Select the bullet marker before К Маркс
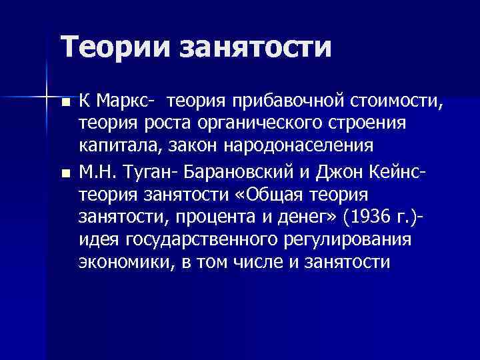tap(65, 103)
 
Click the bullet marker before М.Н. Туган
tap(65, 175)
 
